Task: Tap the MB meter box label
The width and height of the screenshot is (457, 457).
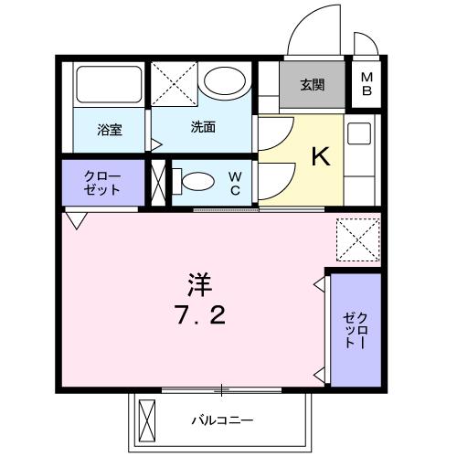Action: click(367, 86)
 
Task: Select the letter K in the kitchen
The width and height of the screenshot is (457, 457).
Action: click(321, 157)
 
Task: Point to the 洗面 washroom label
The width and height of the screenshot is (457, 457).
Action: click(203, 128)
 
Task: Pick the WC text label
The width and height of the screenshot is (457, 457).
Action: click(234, 183)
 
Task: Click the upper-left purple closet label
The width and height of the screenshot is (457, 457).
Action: click(101, 183)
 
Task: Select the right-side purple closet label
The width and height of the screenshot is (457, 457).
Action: click(354, 330)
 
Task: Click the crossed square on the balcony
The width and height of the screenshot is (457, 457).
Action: click(147, 421)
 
